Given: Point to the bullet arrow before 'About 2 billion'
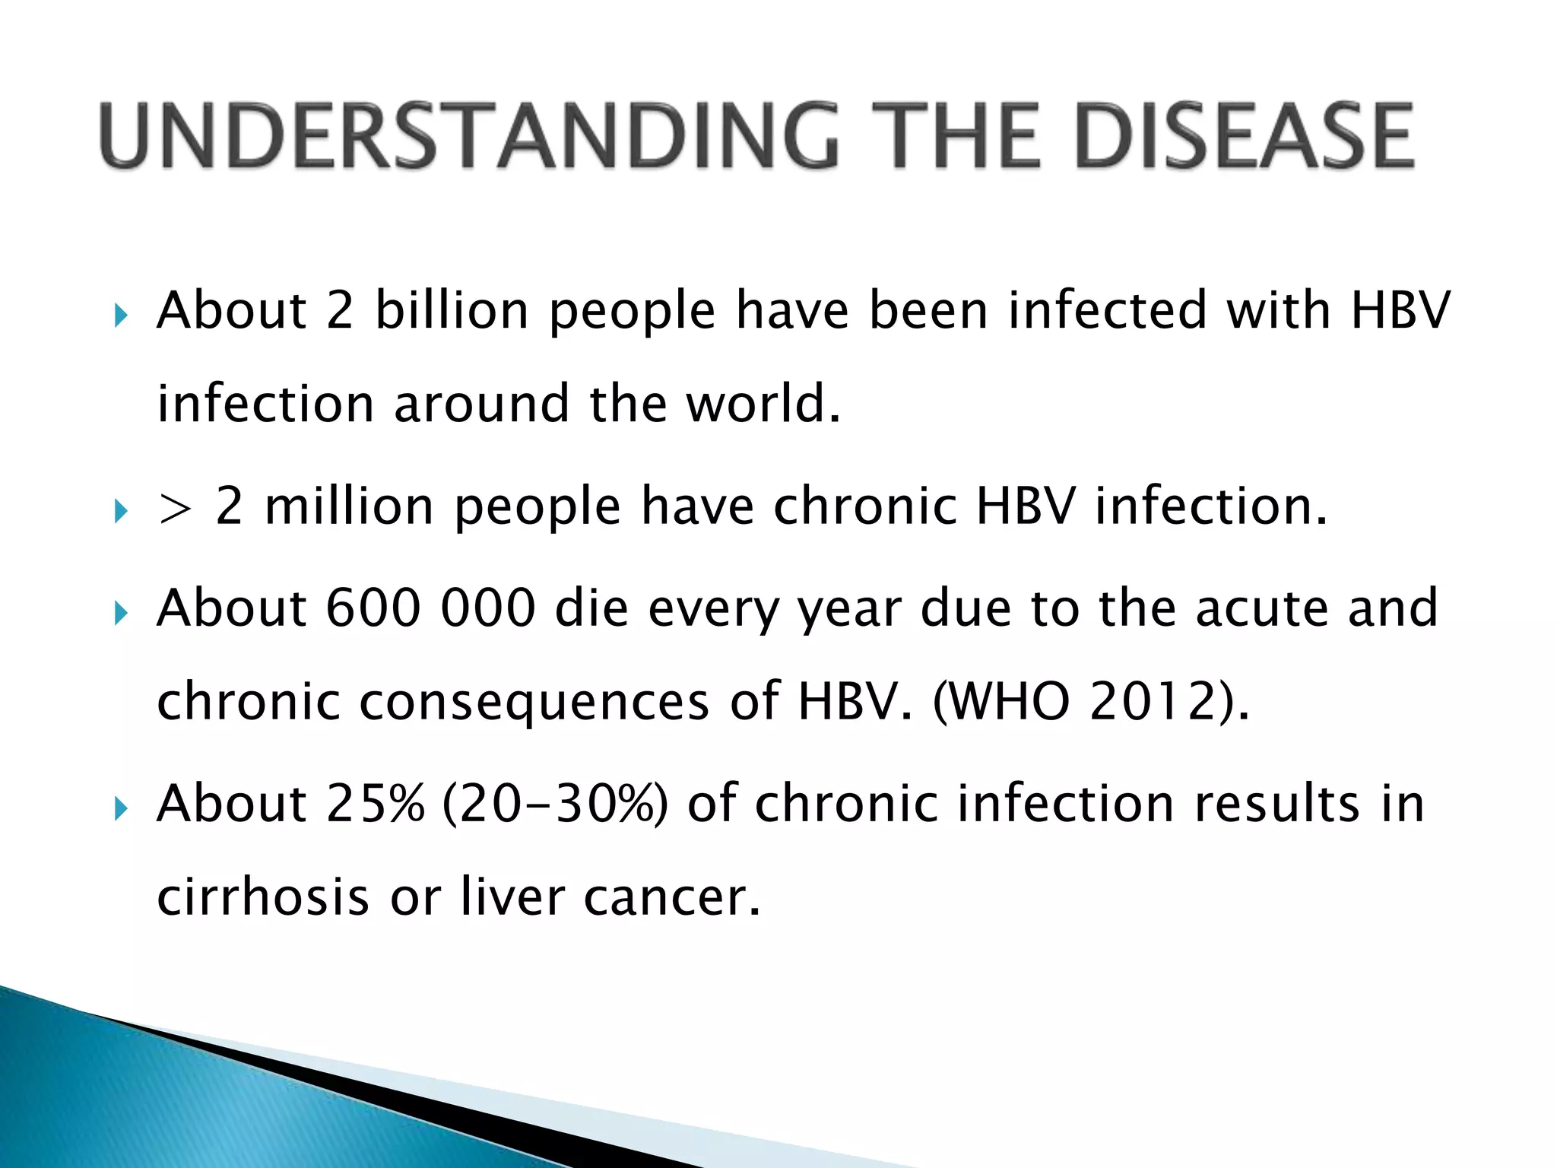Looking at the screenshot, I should (120, 314).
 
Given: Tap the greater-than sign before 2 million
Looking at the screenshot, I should (174, 507).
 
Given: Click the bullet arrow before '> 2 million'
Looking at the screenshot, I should (120, 510).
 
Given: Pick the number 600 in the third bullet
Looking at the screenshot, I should (373, 608).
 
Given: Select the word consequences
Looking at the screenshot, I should (534, 701).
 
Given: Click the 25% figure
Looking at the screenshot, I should (375, 803).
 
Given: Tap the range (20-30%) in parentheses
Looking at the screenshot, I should (554, 803).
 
